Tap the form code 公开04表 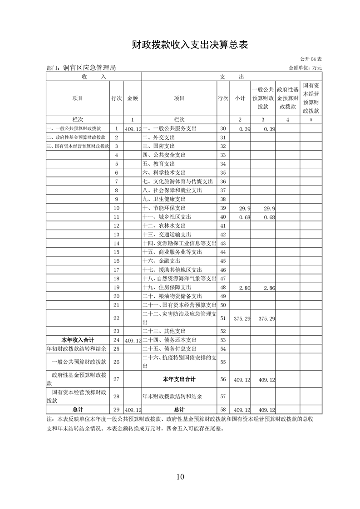coord(311,59)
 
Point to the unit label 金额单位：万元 coord(305,68)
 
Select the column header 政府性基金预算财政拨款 coord(287,98)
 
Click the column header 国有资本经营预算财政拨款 coord(311,98)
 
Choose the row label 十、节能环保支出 coord(162,208)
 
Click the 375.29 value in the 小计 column coord(241,319)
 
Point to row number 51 coord(222,319)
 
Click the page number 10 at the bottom coord(180,476)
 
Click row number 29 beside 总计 coord(116,410)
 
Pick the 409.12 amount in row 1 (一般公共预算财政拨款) coord(133,129)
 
